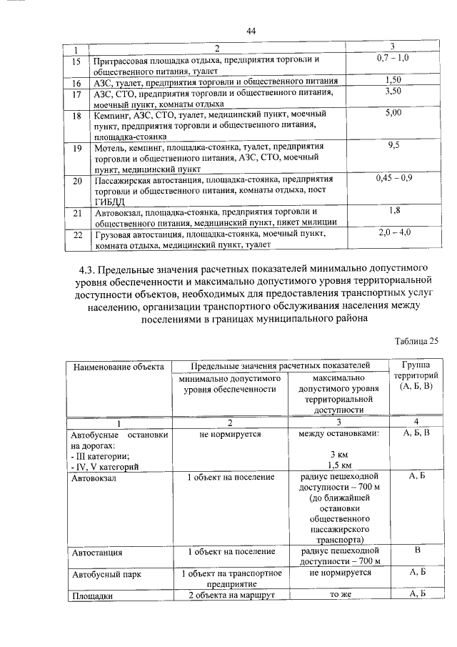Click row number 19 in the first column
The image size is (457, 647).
77,148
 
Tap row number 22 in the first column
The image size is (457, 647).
77,234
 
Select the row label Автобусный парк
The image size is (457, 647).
105,573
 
